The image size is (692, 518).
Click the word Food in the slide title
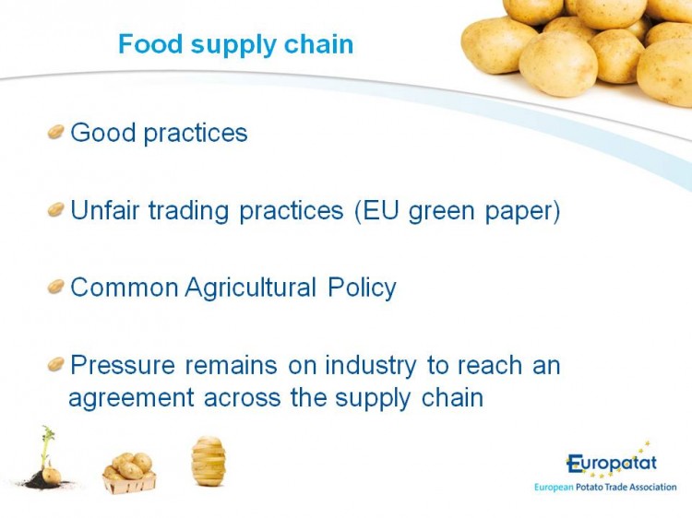(x=150, y=43)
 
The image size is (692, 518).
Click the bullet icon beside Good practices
(x=56, y=132)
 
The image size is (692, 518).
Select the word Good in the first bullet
(x=103, y=132)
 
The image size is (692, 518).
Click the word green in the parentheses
(x=441, y=212)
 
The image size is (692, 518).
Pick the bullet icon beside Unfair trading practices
(x=56, y=209)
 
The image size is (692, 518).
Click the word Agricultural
(x=251, y=288)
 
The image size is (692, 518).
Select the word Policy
(x=362, y=288)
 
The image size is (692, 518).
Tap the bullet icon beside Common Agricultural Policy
(x=56, y=287)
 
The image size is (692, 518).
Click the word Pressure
(x=123, y=365)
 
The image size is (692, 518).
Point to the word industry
(x=371, y=366)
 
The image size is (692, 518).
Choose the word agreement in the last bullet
(x=131, y=399)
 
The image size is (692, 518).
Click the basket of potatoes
(x=129, y=473)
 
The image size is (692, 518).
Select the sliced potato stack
(x=209, y=461)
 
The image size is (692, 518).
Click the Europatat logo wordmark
(x=612, y=463)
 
